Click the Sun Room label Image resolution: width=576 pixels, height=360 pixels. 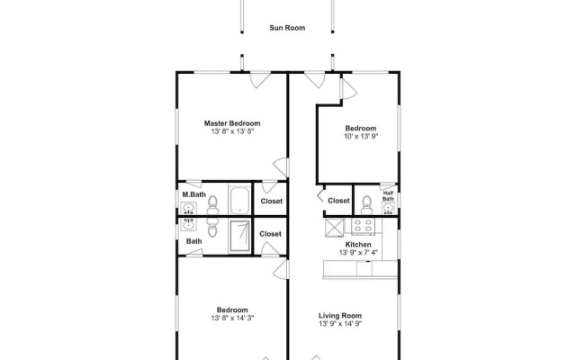(287, 28)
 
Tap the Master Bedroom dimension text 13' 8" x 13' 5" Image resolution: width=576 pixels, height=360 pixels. (232, 131)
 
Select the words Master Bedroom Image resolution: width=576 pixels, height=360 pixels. (232, 123)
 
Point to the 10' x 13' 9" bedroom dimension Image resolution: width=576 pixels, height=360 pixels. (361, 136)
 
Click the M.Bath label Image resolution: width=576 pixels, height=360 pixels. (194, 194)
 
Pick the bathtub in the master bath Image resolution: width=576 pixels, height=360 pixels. (240, 200)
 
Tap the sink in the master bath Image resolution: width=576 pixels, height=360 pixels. (188, 209)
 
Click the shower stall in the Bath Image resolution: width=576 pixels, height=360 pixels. (240, 236)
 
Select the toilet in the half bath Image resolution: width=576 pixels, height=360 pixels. (366, 205)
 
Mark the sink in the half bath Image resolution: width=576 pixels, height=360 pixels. (388, 209)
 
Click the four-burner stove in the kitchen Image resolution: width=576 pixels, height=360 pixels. (363, 226)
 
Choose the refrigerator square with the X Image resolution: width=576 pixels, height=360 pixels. (335, 228)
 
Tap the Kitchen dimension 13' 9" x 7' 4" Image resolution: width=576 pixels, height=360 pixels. (358, 253)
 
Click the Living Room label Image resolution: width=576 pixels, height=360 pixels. (340, 316)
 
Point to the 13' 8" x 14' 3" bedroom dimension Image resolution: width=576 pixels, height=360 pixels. (232, 318)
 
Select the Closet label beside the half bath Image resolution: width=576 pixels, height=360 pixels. (338, 201)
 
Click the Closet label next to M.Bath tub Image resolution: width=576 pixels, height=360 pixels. (272, 202)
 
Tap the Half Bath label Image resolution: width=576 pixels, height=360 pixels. (388, 196)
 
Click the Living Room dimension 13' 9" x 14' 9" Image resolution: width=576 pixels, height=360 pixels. (340, 324)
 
